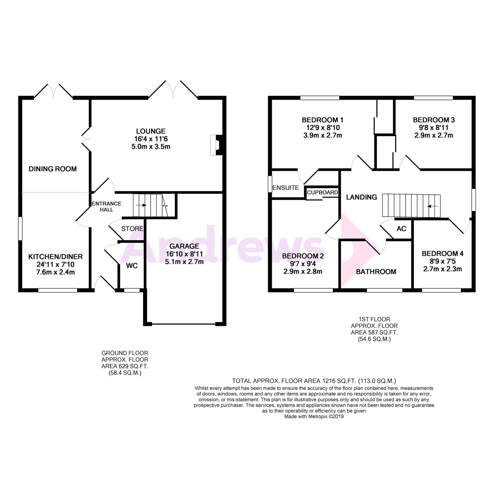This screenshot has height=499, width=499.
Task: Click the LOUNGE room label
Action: coord(150,131)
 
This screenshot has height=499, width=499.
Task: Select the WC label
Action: coord(132,266)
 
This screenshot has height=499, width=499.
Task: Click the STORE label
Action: coord(132,229)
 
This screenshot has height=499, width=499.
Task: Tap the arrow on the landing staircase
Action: coord(433,206)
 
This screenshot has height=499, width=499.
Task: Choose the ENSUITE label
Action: coord(286,188)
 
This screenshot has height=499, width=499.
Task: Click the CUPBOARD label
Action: coord(322,192)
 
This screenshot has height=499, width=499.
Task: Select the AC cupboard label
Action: coord(402,229)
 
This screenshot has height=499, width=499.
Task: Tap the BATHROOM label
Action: coord(376,272)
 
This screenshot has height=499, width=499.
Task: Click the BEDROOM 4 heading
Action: coord(442,253)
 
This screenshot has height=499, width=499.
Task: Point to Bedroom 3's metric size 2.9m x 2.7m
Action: coord(433,135)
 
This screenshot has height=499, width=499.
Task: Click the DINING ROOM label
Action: coord(53,169)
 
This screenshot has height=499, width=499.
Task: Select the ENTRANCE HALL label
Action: coord(107,207)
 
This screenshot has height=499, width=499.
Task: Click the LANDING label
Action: coord(362,197)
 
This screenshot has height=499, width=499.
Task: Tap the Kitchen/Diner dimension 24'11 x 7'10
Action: coord(56,264)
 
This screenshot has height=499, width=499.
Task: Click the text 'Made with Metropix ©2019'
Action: coord(314,416)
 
